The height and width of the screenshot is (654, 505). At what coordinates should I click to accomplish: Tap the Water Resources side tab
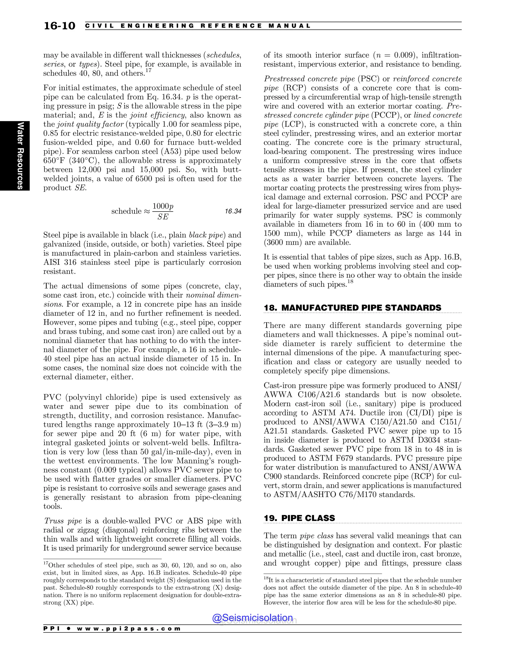(x=20, y=155)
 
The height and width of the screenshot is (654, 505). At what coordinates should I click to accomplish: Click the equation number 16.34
(x=233, y=211)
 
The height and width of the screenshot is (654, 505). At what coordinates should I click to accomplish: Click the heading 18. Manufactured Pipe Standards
(x=352, y=308)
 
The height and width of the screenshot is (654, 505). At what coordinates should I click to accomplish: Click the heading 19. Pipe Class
(x=299, y=518)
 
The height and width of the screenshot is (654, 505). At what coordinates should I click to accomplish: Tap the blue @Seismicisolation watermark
(x=252, y=617)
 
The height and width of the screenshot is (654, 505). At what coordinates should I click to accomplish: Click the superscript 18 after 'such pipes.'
(x=350, y=282)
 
